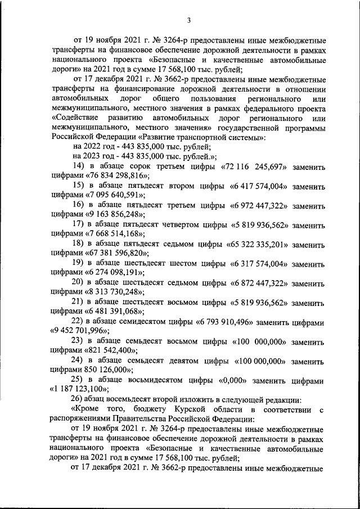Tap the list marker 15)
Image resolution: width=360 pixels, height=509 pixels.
click(79, 186)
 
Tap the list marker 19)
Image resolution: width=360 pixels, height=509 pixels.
click(79, 263)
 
